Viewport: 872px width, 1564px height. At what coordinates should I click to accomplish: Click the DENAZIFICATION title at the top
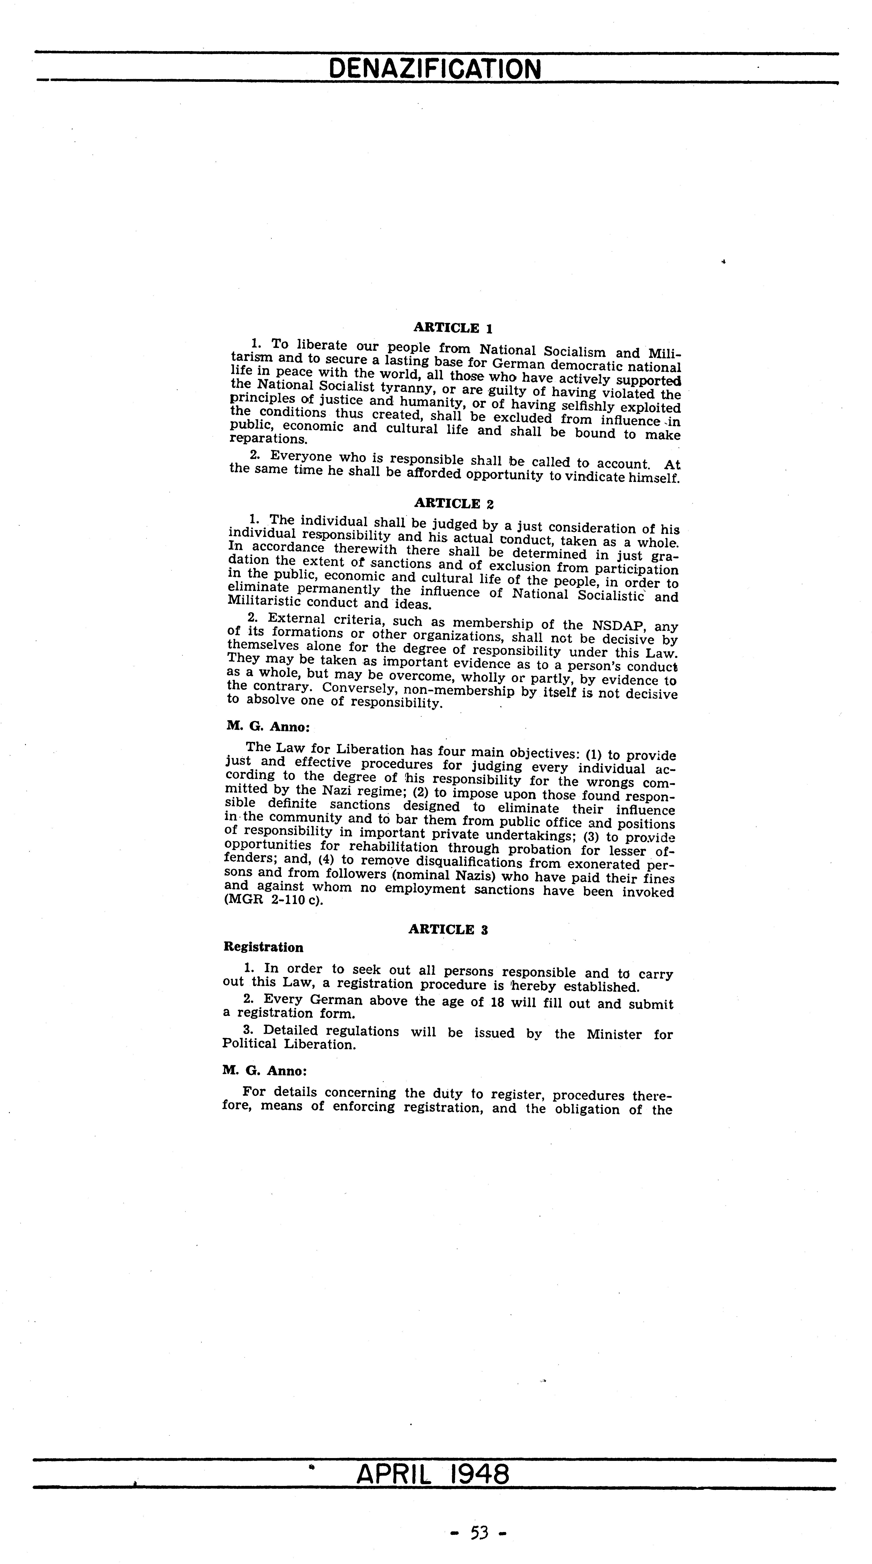pyautogui.click(x=434, y=69)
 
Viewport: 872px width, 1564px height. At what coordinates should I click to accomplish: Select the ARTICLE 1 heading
pyautogui.click(x=452, y=328)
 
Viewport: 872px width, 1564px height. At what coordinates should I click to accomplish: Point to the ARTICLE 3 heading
pyautogui.click(x=448, y=929)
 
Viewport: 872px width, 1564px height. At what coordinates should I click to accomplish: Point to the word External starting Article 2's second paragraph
pyautogui.click(x=296, y=618)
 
